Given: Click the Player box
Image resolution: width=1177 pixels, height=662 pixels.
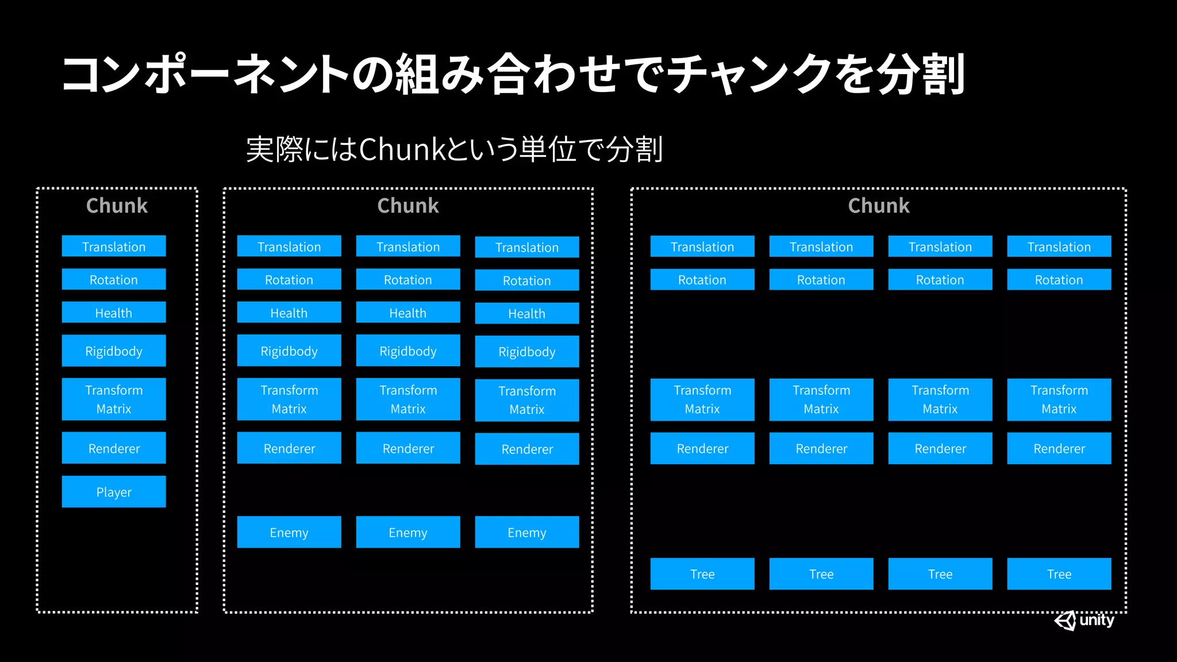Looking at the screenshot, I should (114, 491).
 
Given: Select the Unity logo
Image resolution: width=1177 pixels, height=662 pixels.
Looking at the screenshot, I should (1084, 621).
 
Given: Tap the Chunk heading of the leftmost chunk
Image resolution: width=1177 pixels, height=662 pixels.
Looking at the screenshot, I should (117, 206).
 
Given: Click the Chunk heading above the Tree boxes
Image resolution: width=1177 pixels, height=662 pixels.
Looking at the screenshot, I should (879, 206).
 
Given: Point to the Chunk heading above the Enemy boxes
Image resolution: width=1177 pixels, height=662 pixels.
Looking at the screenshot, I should (408, 206).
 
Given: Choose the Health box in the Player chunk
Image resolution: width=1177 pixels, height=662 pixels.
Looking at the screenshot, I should (114, 313).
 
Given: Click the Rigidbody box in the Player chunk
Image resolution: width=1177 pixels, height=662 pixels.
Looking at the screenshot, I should (114, 351).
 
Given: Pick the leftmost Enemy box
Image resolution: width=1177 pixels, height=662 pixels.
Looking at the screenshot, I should (289, 532).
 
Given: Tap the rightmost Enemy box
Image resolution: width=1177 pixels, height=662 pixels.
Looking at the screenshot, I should (527, 532).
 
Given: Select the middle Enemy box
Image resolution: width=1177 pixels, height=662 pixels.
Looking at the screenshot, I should (408, 532).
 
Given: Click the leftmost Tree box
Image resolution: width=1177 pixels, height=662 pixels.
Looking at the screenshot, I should (702, 574).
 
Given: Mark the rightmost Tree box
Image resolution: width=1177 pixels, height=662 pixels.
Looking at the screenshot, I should (1059, 574).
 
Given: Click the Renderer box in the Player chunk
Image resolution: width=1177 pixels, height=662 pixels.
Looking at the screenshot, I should (114, 448).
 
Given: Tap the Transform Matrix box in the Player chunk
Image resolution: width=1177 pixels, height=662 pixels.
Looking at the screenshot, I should (114, 399).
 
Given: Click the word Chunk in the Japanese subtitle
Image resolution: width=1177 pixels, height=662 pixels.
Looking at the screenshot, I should (402, 149).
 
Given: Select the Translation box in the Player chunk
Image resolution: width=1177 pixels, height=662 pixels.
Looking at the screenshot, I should (114, 246).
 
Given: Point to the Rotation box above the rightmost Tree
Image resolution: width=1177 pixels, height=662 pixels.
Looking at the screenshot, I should (1059, 280).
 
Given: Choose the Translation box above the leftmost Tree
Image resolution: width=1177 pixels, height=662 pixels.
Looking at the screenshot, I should (702, 246).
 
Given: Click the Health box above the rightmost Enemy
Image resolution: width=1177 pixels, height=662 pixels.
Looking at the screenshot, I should (527, 313).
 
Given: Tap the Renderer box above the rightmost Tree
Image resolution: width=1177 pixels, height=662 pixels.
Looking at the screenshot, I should (1059, 448).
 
